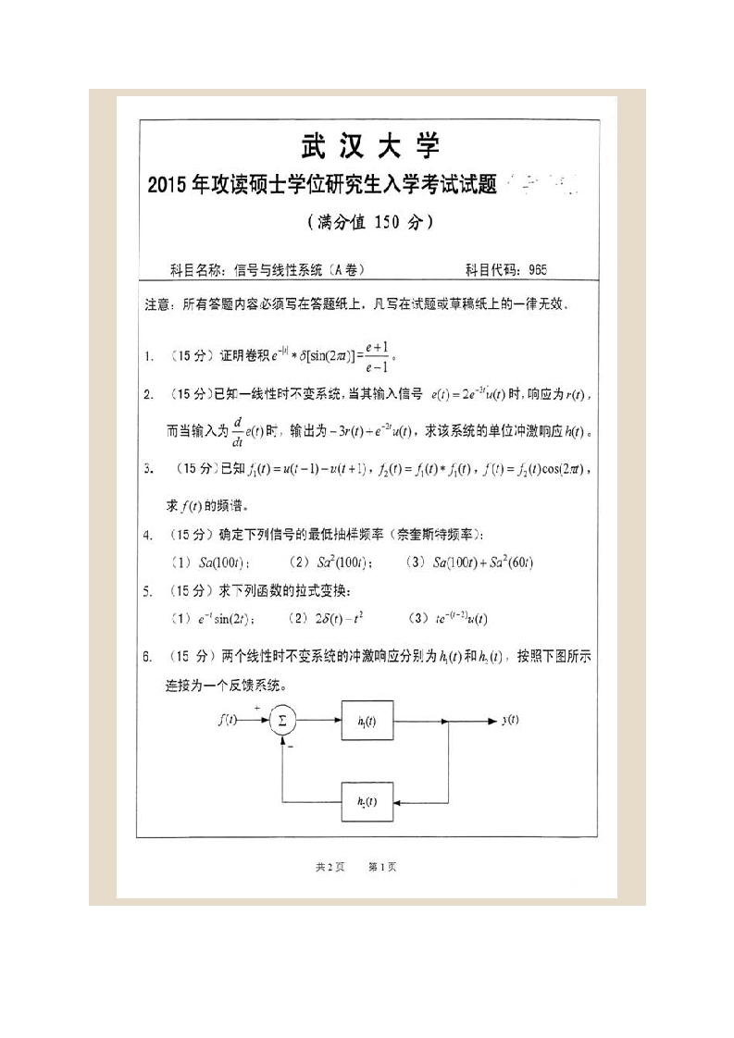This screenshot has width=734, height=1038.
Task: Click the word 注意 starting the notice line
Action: (158, 303)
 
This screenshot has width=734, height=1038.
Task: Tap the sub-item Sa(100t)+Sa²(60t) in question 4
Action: (470, 562)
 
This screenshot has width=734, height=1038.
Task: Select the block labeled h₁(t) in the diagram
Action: (367, 721)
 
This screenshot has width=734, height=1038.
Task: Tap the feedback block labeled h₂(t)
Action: (367, 801)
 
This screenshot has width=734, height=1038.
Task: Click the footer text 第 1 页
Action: (382, 867)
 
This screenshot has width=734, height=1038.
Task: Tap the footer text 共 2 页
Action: (330, 867)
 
